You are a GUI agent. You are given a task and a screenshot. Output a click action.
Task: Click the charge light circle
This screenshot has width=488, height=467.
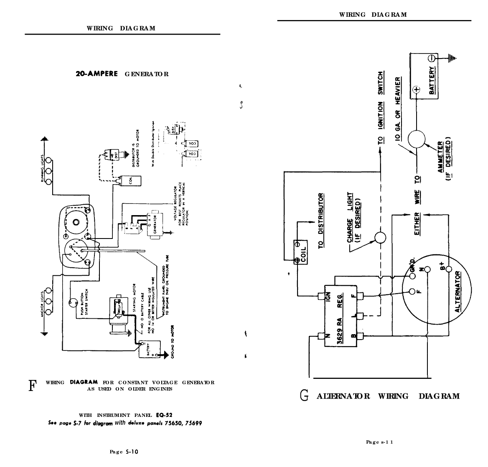pos(381,238)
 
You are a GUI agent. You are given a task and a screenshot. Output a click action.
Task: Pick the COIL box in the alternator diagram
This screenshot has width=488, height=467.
pos(300,252)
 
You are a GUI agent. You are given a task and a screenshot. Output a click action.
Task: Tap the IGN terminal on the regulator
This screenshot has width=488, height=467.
pos(322,296)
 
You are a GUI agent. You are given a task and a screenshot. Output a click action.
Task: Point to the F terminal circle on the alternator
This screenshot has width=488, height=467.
pos(413,291)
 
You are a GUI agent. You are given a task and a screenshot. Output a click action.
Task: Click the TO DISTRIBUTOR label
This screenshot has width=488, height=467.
pos(321,221)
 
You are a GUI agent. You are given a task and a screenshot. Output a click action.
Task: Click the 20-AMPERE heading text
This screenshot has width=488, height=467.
pos(99,74)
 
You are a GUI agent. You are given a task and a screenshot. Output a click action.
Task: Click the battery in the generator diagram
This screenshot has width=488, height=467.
pos(150,348)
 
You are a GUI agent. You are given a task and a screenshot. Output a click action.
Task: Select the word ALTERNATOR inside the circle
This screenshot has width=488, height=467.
pos(458,292)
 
